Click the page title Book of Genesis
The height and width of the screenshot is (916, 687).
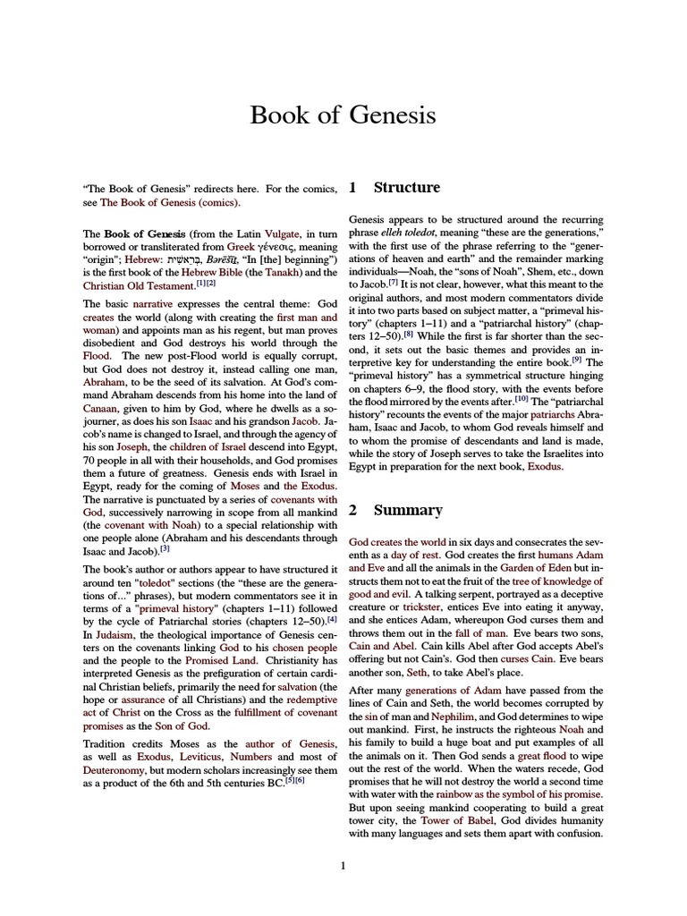click(x=343, y=115)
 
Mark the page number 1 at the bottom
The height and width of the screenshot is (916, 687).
click(x=343, y=865)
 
